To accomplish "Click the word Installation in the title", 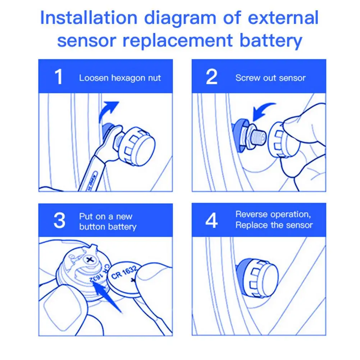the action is pyautogui.click(x=89, y=18).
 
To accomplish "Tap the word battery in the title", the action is pyautogui.click(x=271, y=41).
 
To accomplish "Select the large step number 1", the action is pyautogui.click(x=59, y=77).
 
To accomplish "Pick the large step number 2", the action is pyautogui.click(x=211, y=77).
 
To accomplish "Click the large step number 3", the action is pyautogui.click(x=59, y=220).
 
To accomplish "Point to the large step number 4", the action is pyautogui.click(x=211, y=220).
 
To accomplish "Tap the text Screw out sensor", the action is pyautogui.click(x=270, y=78).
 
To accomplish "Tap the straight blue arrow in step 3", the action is pyautogui.click(x=106, y=297).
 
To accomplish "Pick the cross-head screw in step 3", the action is pyautogui.click(x=90, y=260).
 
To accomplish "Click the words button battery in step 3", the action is pyautogui.click(x=108, y=227).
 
